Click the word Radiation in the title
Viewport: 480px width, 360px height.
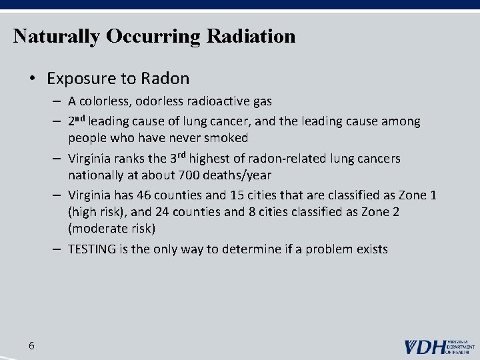pos(251,35)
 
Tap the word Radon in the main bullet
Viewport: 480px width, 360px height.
pos(165,79)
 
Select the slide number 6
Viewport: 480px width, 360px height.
pos(32,345)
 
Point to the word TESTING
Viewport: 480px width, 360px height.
pos(93,249)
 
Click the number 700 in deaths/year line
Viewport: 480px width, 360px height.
pos(189,175)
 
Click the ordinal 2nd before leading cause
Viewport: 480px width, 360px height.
pos(77,121)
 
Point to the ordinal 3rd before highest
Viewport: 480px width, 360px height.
pos(177,159)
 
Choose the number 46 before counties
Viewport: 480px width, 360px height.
pos(144,196)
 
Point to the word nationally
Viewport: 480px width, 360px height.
pos(98,175)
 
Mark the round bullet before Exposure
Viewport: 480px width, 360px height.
pos(32,79)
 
